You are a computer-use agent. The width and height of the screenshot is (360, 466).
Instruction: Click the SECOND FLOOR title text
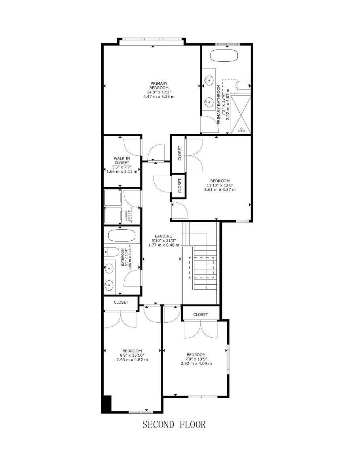(174, 425)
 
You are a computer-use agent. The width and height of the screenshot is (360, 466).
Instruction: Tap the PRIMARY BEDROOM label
(159, 86)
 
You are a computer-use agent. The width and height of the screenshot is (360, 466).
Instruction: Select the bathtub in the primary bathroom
(225, 55)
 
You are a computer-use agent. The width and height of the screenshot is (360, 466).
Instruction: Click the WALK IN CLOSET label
(121, 160)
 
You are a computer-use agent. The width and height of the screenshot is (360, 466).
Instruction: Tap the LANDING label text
(163, 236)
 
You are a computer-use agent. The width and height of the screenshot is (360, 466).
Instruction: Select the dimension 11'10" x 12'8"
(220, 185)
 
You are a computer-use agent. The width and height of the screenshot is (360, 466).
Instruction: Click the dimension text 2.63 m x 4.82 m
(132, 359)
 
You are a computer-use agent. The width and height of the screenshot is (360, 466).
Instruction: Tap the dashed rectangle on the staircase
(202, 268)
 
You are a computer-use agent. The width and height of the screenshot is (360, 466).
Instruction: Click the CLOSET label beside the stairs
(201, 314)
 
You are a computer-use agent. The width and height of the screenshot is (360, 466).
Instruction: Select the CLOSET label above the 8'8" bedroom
(121, 302)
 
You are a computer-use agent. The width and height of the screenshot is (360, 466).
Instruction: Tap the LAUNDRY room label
(127, 216)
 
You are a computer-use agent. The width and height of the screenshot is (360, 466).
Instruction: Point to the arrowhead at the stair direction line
(206, 287)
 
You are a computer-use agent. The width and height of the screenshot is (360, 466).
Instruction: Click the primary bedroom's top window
(152, 39)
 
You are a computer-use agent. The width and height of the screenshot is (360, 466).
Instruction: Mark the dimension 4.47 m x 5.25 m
(159, 97)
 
